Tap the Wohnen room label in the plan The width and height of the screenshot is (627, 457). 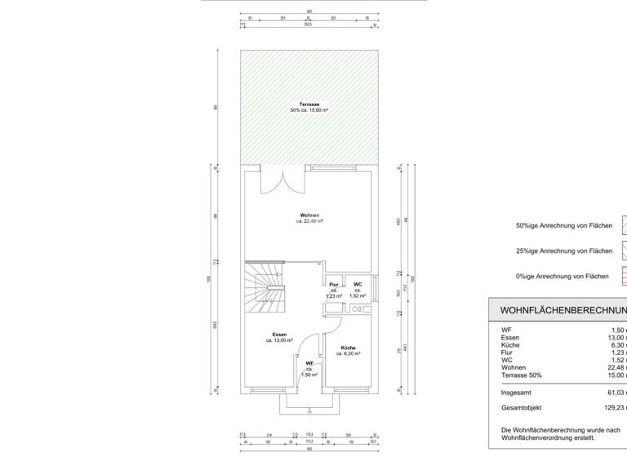[309, 215]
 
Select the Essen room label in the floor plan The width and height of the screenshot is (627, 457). [279, 335]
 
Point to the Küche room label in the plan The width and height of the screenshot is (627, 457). [348, 348]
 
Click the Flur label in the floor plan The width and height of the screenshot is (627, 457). [334, 284]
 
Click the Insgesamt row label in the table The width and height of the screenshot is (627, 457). [518, 392]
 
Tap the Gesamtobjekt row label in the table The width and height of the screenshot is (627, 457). [522, 407]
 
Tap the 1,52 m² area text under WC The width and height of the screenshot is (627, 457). [358, 295]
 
